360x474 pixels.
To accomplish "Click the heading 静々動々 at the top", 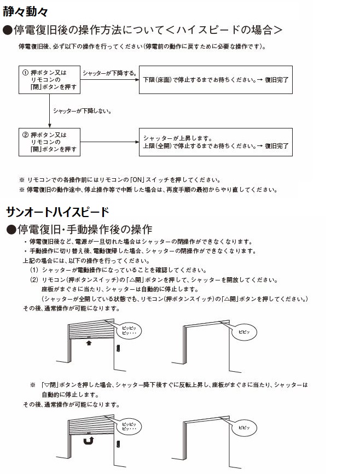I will point(26,9).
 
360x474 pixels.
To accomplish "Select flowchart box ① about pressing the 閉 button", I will point(49,80).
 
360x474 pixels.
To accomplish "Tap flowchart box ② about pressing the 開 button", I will point(49,141).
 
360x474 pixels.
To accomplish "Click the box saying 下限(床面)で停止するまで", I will point(216,80).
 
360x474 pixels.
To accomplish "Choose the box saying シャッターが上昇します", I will point(216,142).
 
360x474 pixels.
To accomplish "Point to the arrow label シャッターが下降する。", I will point(109,73).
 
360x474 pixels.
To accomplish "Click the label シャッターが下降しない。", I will point(82,111).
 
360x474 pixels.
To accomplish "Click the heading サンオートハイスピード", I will point(57,212).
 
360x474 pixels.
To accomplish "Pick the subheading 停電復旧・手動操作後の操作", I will point(81,229).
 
